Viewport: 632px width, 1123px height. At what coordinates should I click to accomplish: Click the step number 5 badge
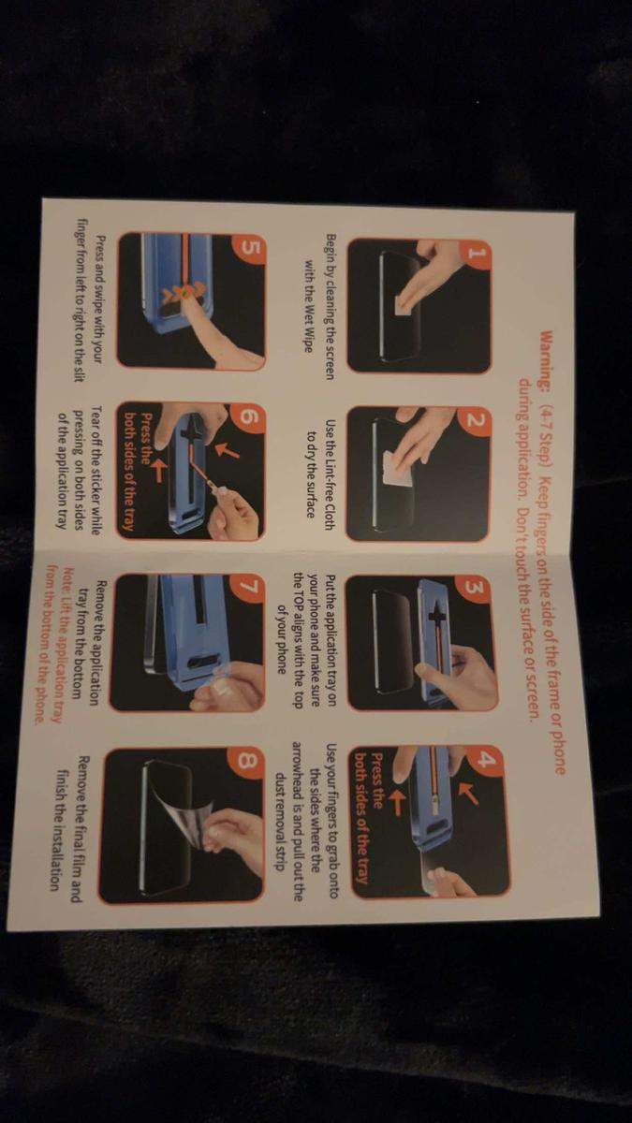249,250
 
